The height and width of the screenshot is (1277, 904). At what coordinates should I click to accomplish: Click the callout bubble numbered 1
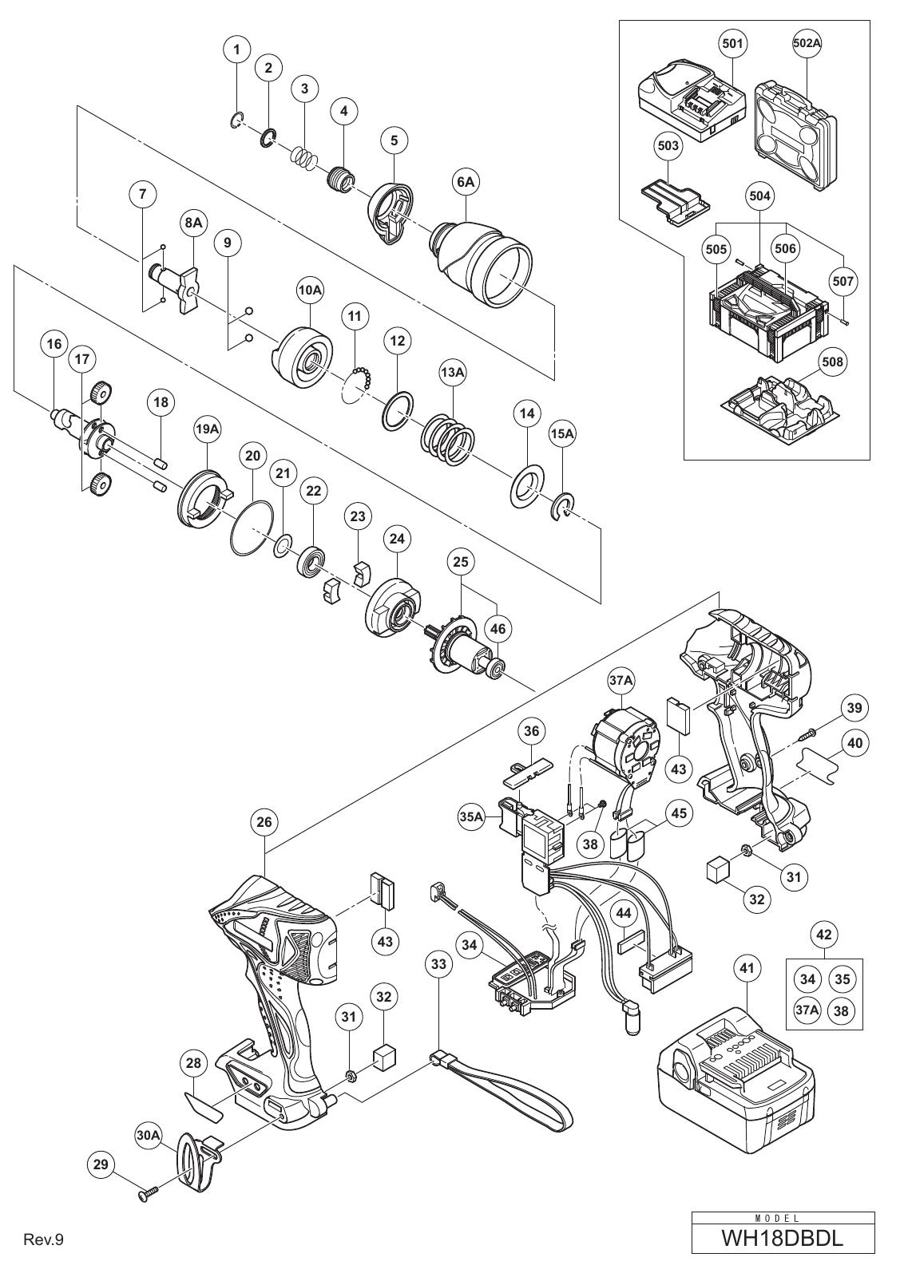(237, 49)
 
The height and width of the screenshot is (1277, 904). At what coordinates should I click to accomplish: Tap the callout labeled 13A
(452, 372)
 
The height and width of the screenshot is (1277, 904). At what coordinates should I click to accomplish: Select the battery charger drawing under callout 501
(691, 105)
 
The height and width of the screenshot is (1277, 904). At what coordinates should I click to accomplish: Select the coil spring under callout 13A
(448, 439)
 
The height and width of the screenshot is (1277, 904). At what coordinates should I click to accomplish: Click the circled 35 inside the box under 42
(842, 979)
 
